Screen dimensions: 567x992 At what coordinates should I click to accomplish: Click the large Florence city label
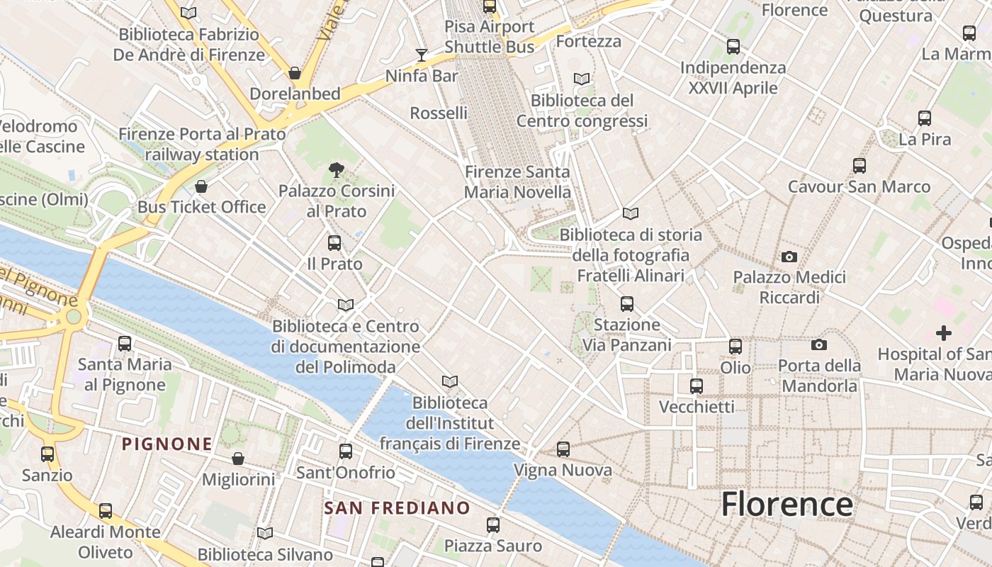(787, 504)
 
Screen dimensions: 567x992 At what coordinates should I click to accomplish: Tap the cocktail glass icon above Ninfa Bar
(422, 55)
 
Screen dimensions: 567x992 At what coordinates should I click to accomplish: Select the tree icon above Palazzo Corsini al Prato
(336, 169)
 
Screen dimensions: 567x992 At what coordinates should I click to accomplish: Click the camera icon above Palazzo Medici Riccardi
(789, 256)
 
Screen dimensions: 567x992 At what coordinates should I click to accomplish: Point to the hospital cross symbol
(943, 332)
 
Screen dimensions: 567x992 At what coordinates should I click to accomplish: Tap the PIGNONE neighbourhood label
(167, 444)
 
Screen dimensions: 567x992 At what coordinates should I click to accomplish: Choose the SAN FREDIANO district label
(397, 507)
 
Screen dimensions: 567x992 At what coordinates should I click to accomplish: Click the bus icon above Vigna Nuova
(563, 449)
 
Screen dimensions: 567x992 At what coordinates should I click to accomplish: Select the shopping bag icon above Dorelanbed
(295, 72)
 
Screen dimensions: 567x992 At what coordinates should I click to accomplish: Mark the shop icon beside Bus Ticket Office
(201, 186)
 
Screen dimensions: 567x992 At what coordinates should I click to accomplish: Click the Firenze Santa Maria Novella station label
(517, 182)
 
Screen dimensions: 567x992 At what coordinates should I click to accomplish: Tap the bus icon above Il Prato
(334, 243)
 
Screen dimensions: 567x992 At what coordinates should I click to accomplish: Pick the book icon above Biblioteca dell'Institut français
(449, 381)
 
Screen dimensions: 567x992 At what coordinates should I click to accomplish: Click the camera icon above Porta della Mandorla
(819, 344)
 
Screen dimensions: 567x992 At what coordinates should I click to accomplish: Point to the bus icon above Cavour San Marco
(859, 166)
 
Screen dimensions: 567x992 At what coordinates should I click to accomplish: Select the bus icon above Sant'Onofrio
(346, 451)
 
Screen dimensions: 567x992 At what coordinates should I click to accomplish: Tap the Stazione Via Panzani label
(626, 335)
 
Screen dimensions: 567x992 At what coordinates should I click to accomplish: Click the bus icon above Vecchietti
(697, 386)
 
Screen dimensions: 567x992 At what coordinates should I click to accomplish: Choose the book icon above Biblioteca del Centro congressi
(582, 79)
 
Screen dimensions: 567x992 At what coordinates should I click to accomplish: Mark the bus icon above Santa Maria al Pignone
(125, 343)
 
